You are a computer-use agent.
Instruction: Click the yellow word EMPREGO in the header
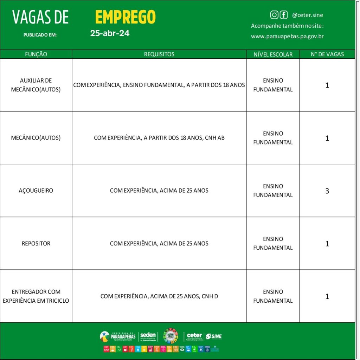tap(125, 17)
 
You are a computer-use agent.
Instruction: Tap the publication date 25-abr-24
tap(110, 33)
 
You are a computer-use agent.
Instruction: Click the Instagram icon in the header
tap(274, 15)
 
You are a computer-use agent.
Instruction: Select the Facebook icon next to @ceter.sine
tap(283, 15)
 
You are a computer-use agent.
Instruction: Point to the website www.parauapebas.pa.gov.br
tap(287, 36)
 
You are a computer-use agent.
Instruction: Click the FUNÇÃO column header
tap(36, 54)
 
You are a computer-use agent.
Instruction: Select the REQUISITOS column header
tap(159, 54)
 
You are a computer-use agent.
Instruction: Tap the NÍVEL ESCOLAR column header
tap(273, 54)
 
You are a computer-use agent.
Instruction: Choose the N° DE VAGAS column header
tap(327, 54)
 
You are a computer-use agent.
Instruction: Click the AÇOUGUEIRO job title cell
tap(36, 191)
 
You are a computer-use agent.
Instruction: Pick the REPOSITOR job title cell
tap(36, 243)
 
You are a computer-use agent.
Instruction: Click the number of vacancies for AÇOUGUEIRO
tap(327, 191)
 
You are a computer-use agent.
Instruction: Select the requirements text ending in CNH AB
tap(159, 138)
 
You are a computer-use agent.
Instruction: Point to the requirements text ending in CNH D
tap(159, 296)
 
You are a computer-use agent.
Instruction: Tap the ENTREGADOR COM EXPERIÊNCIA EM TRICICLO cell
tap(36, 296)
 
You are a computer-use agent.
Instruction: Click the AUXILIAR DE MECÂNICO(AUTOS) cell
tap(36, 85)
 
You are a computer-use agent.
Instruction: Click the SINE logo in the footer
tap(214, 336)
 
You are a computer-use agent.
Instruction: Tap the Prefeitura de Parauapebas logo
tap(118, 336)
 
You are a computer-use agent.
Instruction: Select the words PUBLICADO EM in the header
tap(40, 35)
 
